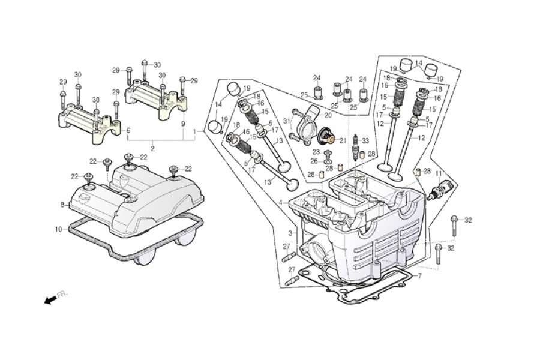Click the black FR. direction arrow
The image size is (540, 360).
tap(51, 300)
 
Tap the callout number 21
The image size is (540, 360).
tap(343, 140)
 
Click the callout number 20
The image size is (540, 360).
tap(328, 115)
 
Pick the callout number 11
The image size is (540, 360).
tap(439, 175)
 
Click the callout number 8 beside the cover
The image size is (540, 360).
tap(62, 205)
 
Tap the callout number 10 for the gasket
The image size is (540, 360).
tap(58, 229)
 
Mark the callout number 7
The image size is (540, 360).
tap(420, 276)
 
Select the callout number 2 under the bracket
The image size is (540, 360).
tap(152, 149)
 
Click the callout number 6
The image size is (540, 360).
tap(128, 131)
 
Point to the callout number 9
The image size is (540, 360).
tap(183, 124)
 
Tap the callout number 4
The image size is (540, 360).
tap(281, 203)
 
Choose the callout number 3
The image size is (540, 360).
tap(290, 233)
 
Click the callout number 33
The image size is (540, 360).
tap(365, 140)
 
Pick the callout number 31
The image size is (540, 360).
tap(287, 121)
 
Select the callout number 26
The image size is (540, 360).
tap(314, 161)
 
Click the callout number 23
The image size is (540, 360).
tap(316, 152)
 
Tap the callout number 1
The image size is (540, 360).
tap(194, 131)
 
